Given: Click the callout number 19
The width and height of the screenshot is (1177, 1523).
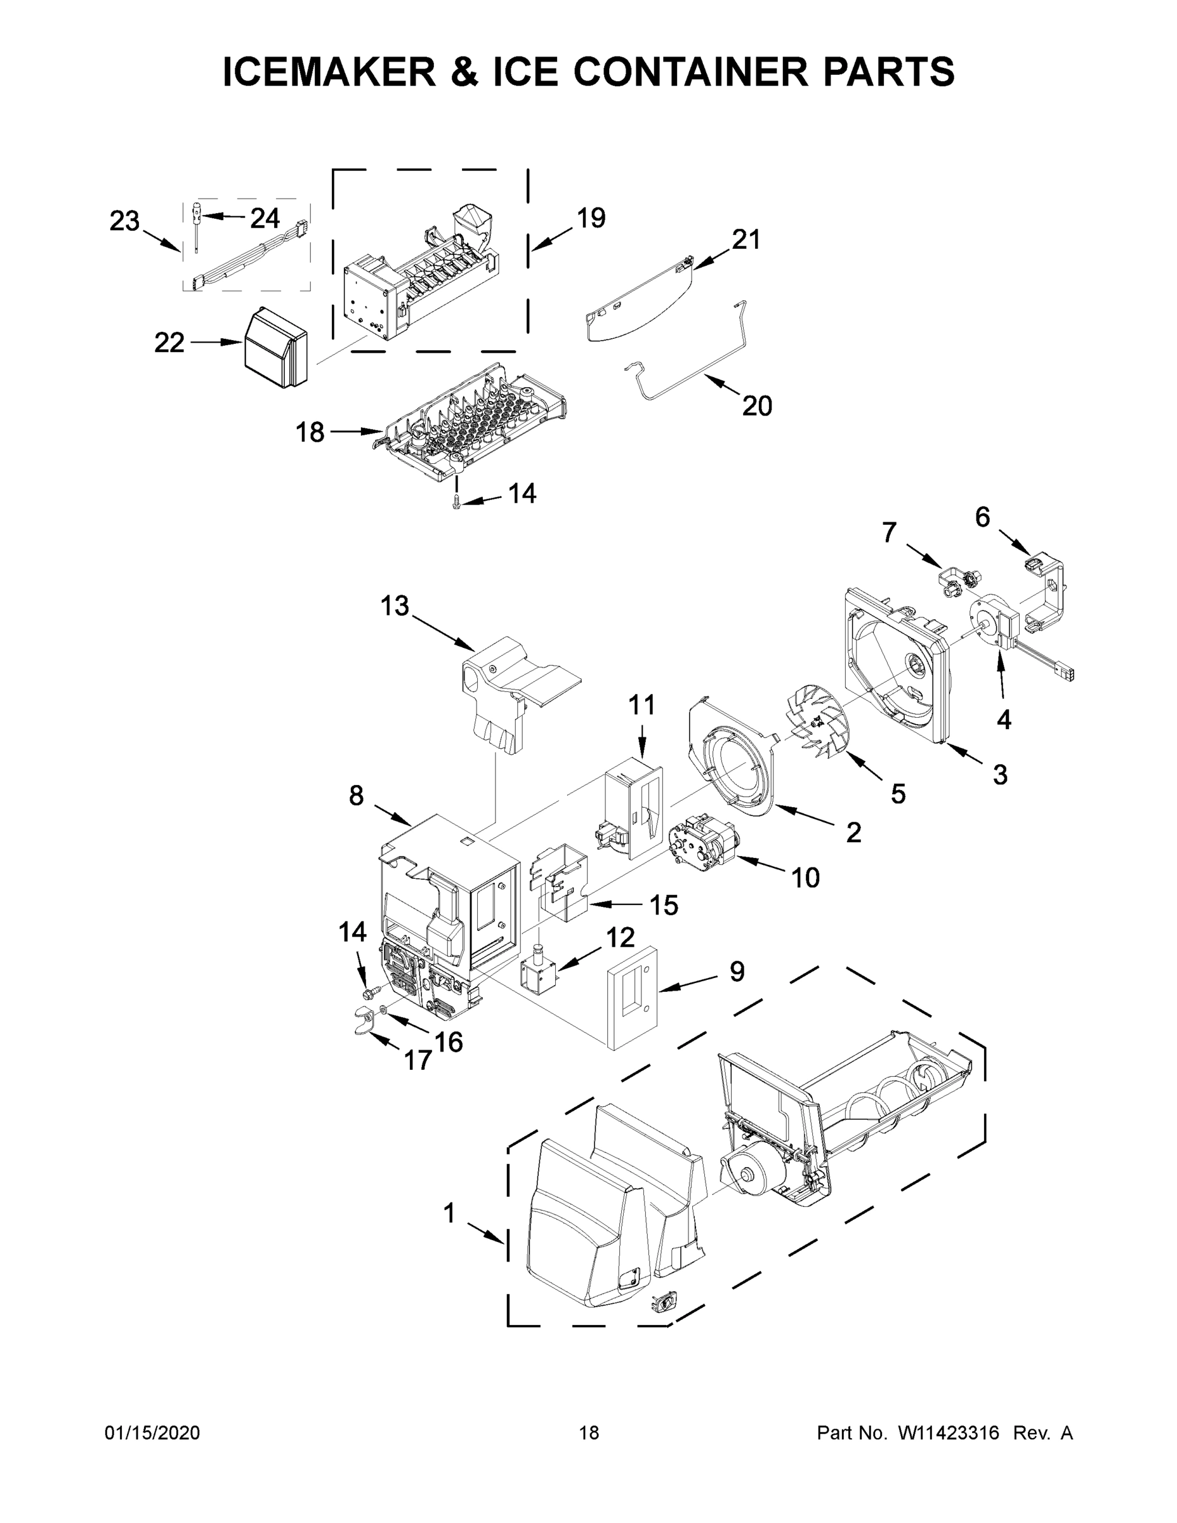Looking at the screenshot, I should pyautogui.click(x=591, y=218).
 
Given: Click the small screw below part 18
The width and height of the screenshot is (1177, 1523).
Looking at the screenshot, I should pyautogui.click(x=457, y=501).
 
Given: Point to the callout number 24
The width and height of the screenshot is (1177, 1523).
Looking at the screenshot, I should pyautogui.click(x=265, y=218).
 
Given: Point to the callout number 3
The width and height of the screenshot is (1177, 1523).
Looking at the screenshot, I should pyautogui.click(x=1000, y=775).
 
